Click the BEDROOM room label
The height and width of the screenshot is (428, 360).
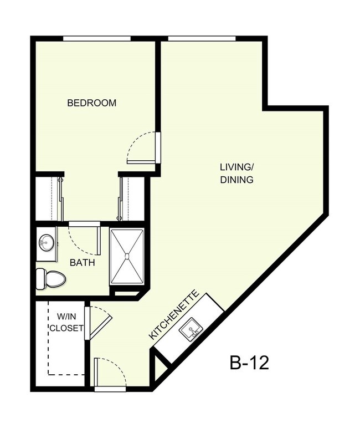click(91, 103)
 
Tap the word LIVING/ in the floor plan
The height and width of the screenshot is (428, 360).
click(236, 166)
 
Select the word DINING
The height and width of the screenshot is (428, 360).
click(236, 180)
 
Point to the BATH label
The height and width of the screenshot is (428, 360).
click(81, 263)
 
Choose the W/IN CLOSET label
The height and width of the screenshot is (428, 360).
click(66, 322)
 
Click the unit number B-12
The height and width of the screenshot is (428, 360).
click(249, 363)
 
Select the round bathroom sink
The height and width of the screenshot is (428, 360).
click(45, 242)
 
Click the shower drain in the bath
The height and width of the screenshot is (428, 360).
click(127, 256)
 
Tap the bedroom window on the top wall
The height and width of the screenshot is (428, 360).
click(96, 38)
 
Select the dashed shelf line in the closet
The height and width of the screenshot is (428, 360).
click(49, 338)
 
